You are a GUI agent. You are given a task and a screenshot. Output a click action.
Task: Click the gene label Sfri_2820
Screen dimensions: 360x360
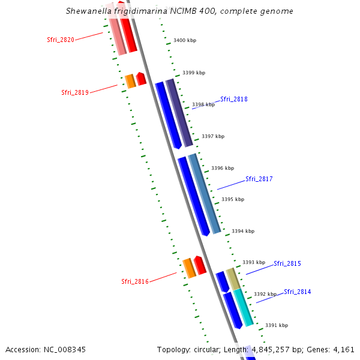click(61, 40)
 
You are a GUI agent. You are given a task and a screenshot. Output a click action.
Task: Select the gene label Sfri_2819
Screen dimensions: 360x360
click(75, 92)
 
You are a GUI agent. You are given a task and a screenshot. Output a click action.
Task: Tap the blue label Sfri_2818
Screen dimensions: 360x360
click(234, 99)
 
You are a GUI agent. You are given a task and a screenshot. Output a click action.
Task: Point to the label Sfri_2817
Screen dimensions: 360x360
click(259, 179)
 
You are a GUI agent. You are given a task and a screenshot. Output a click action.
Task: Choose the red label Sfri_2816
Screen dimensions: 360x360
click(135, 281)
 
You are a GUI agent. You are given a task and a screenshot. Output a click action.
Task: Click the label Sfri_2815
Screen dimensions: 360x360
click(287, 263)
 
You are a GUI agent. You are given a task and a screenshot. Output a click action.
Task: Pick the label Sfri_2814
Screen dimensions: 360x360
click(298, 292)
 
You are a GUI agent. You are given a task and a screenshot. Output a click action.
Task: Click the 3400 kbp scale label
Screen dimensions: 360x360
click(185, 40)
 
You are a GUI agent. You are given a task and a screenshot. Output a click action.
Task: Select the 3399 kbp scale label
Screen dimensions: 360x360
click(194, 73)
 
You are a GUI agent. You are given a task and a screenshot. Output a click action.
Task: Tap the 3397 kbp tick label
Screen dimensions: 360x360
click(213, 136)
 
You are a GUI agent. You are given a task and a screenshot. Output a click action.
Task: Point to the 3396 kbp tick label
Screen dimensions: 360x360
click(223, 168)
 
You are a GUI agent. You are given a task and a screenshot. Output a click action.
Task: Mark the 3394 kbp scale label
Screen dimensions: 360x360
click(243, 231)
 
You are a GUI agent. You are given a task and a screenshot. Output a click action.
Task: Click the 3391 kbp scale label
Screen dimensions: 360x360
click(277, 325)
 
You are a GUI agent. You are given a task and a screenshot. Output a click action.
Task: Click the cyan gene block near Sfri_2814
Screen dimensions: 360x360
click(244, 307)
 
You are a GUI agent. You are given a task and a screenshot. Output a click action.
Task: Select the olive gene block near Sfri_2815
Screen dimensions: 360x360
click(233, 279)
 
